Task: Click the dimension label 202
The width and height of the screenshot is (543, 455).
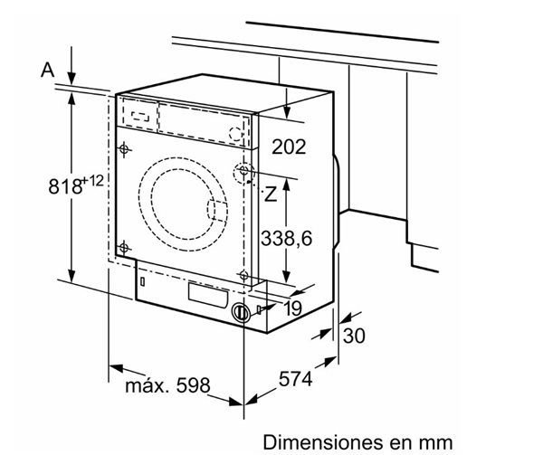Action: [289, 146]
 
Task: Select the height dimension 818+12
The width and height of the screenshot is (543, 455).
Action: [77, 186]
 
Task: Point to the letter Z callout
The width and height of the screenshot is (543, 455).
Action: [270, 194]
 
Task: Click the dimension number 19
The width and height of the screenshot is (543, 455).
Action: [291, 309]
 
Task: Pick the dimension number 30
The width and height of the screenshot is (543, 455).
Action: [355, 336]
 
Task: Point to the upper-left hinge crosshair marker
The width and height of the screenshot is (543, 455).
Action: [125, 148]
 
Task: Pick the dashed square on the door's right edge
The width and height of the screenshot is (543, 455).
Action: [219, 210]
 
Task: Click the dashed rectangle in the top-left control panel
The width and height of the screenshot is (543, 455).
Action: [138, 114]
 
